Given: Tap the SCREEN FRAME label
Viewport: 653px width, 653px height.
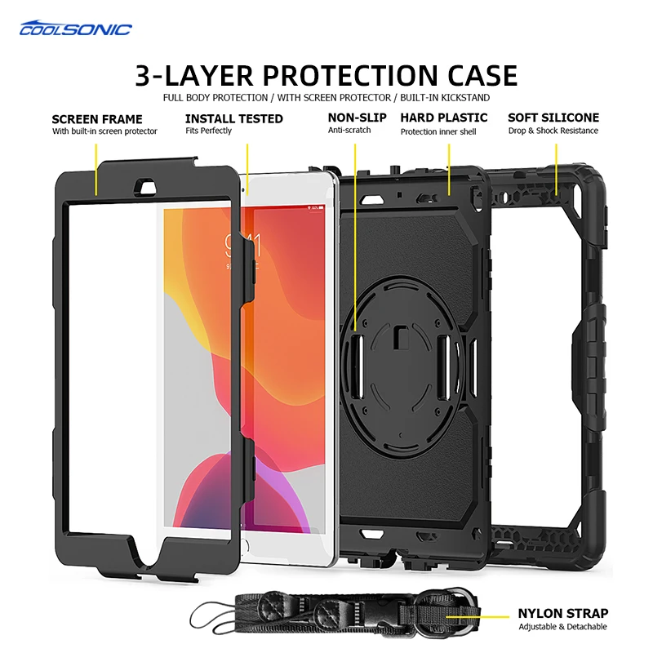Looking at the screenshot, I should point(97,118).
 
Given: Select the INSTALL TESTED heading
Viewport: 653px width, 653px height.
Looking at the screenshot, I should point(234,118).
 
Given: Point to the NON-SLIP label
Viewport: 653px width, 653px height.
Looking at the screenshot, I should point(358,118).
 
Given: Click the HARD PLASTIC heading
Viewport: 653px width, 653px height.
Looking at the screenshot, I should point(444,118).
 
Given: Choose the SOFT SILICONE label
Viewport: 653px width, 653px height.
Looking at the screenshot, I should point(553,118).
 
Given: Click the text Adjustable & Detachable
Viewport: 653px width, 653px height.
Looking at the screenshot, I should point(562,627).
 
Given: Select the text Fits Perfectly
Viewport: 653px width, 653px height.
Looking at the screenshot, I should point(208,131).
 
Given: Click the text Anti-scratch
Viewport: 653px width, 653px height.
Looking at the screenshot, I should point(349,131).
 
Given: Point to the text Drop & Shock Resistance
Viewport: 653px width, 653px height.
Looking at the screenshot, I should point(553,131).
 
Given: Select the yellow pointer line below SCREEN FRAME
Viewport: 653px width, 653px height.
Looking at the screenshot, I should point(96,167).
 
